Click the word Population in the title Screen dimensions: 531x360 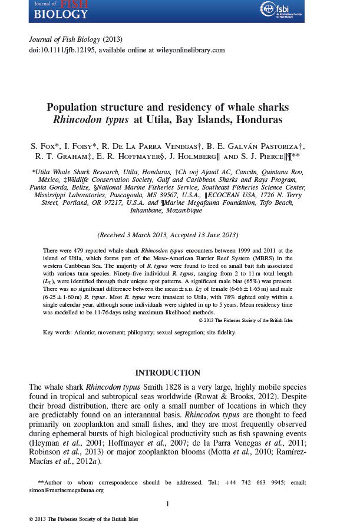click(x=73, y=108)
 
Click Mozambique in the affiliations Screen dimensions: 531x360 click(x=182, y=210)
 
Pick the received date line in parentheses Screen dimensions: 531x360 click(x=168, y=235)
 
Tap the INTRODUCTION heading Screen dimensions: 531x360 click(x=168, y=373)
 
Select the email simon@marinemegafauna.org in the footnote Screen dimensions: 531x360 click(x=66, y=490)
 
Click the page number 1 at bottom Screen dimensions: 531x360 click(x=168, y=504)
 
